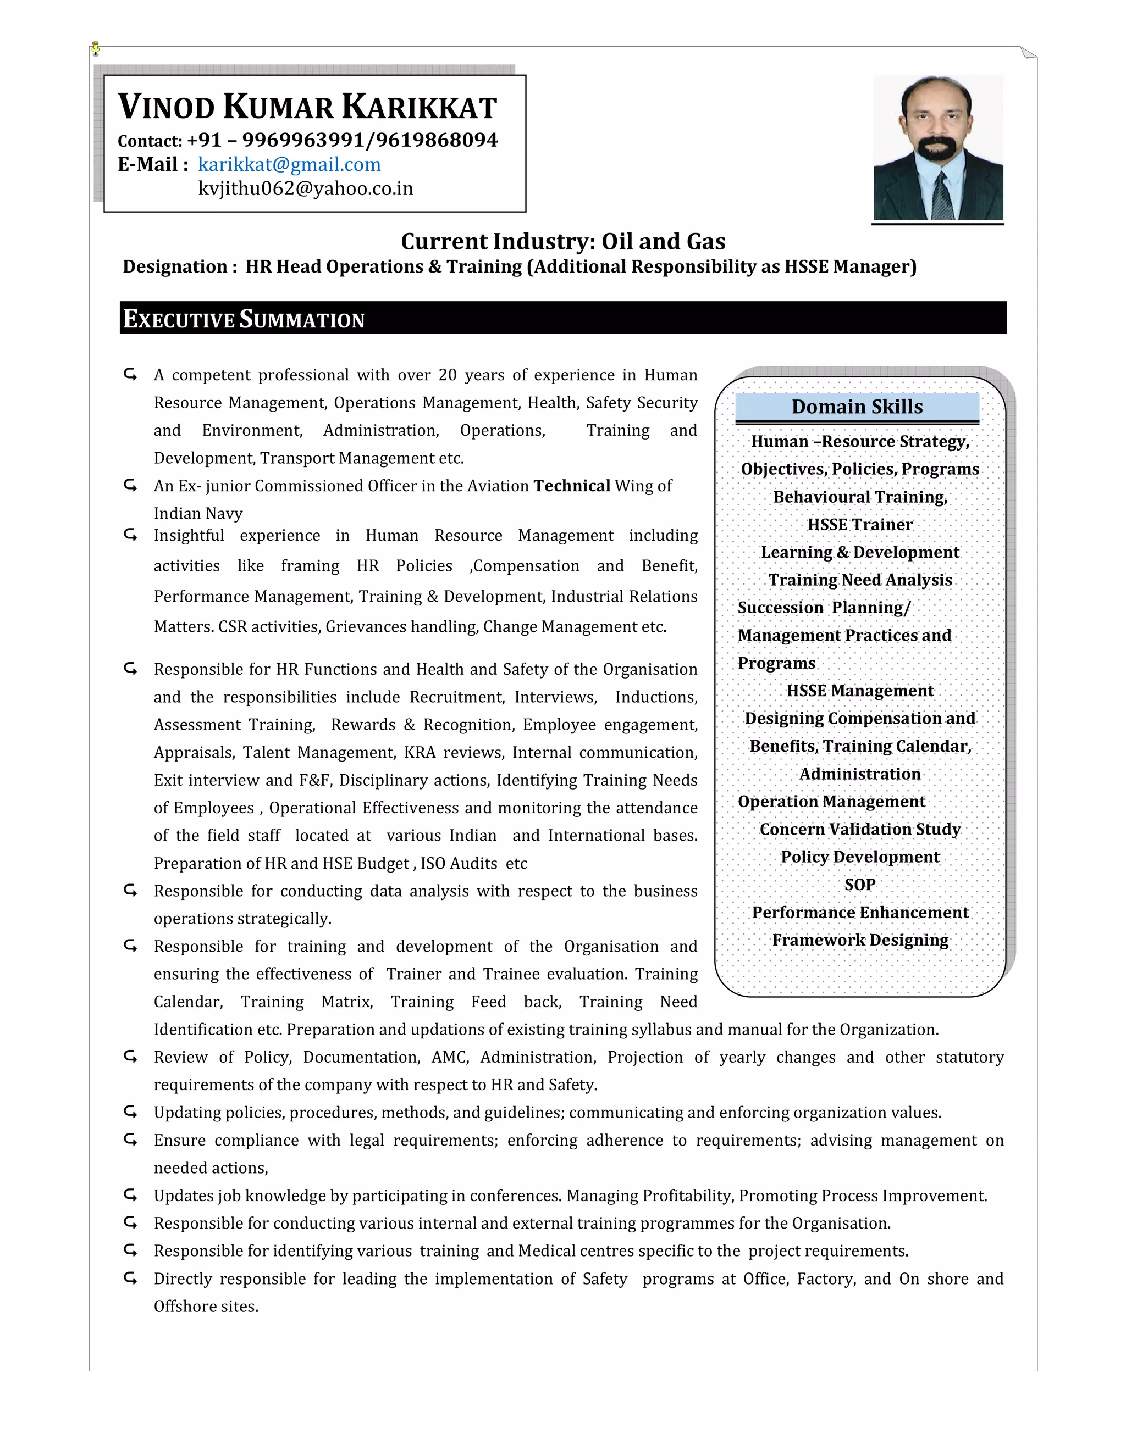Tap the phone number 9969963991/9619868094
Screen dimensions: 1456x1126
(x=369, y=140)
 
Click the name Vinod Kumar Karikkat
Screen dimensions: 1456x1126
(x=307, y=107)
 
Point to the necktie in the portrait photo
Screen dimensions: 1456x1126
(x=941, y=196)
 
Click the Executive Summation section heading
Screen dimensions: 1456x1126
(x=244, y=319)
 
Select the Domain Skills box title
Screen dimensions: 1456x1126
(x=857, y=407)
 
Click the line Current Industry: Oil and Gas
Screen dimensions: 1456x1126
(x=562, y=241)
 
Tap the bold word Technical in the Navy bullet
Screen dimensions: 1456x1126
(x=572, y=486)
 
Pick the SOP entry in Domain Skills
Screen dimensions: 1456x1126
(x=859, y=885)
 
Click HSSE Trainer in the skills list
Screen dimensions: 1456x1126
(x=859, y=525)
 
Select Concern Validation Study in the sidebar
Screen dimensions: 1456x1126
(x=859, y=829)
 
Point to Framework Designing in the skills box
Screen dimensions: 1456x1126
(x=859, y=940)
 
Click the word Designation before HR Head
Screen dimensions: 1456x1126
(x=175, y=266)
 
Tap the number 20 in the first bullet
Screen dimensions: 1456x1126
(x=448, y=375)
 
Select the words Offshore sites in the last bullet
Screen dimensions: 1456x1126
(x=206, y=1307)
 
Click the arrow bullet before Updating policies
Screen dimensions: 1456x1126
(x=130, y=1112)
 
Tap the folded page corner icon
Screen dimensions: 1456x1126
(x=1029, y=52)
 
